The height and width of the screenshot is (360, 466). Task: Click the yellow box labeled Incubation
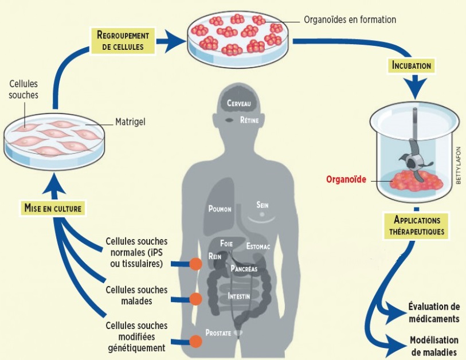point(411,65)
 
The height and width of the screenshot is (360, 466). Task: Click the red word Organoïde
point(345,179)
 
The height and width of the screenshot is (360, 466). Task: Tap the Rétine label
point(250,120)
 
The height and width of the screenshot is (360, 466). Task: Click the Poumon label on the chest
point(220,209)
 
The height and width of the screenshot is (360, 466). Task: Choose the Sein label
point(263,205)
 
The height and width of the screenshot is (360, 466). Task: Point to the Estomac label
point(259,246)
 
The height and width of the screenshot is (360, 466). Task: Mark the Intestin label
point(238,296)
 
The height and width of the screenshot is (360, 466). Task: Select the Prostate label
point(219,332)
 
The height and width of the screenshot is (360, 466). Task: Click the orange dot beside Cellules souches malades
point(196,299)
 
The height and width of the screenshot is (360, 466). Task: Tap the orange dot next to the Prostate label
point(196,341)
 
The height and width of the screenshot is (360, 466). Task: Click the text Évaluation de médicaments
point(434,312)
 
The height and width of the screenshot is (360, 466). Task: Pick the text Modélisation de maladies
point(434,346)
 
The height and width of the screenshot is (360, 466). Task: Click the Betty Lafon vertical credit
point(459,162)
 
